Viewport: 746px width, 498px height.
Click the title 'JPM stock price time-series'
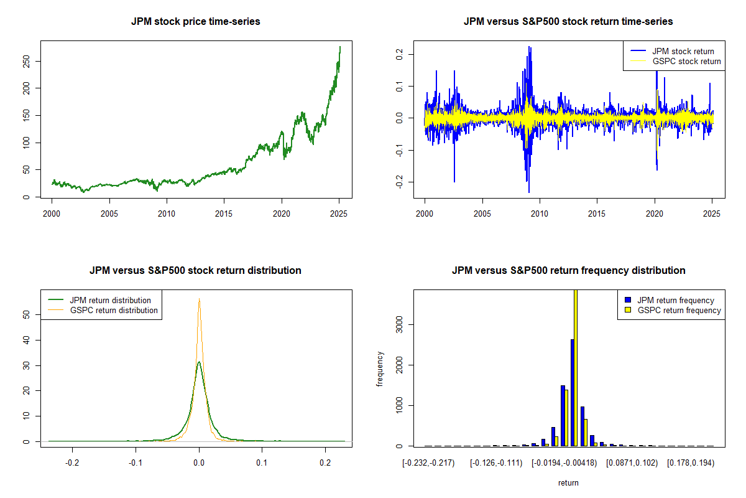point(196,22)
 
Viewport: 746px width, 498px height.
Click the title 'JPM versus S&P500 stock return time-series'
point(568,22)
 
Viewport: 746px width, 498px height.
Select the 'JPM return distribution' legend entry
point(111,300)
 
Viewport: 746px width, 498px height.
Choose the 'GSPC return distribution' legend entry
point(114,310)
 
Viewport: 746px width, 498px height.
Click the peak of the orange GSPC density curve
point(199,299)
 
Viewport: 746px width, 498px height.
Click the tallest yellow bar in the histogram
point(576,367)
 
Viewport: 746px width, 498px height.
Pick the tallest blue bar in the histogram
point(572,392)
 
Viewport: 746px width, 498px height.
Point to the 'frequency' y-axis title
point(380,369)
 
